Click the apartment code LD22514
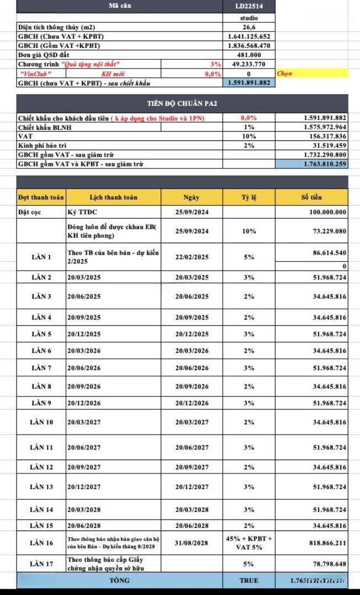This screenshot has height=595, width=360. point(249,6)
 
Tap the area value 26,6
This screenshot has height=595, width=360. point(249,26)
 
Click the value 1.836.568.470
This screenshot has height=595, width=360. point(249,45)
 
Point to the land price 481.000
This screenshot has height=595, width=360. point(249,55)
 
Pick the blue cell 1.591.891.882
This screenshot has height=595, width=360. point(249,83)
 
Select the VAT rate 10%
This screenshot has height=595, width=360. point(249,136)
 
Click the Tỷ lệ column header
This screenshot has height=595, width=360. point(249,197)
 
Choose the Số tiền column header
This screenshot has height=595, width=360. point(312,197)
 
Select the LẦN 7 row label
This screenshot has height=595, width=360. point(41,367)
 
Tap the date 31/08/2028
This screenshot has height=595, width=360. point(192,543)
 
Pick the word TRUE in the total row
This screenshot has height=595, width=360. point(249,580)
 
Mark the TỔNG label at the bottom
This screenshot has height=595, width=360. point(119,580)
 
